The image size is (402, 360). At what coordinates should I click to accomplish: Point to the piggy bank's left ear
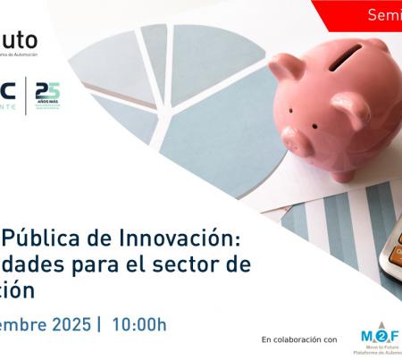(x=289, y=67)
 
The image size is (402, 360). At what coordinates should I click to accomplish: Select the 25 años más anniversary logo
(x=47, y=94)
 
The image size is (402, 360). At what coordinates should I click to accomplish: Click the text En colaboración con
(x=299, y=339)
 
